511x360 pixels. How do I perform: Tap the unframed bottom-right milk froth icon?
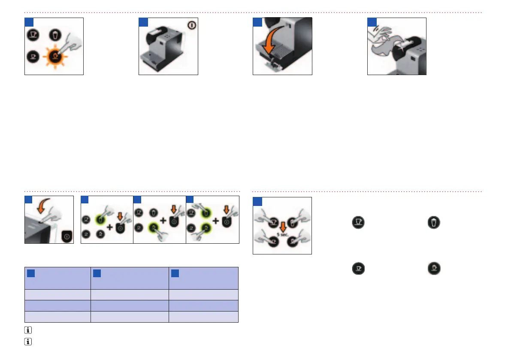tap(434, 269)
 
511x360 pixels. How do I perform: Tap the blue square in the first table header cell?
tap(30, 273)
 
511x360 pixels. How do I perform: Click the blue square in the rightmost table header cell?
tap(174, 273)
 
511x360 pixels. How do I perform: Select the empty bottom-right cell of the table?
tap(204, 317)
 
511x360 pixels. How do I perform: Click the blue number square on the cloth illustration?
tap(372, 22)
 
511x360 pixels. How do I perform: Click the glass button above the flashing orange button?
tap(55, 35)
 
